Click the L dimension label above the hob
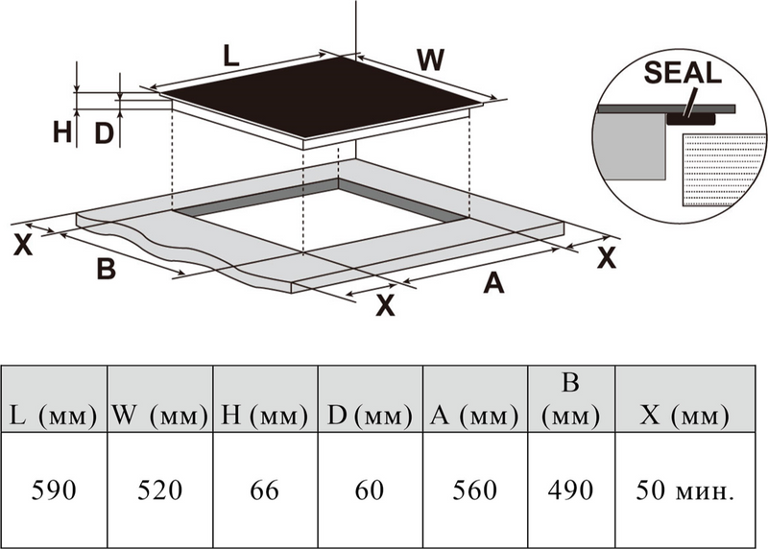230,55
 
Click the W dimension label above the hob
431,60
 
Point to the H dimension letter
62,132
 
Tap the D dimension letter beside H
105,132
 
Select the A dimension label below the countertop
493,283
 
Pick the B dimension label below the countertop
107,269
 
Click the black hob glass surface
326,96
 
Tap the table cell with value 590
54,490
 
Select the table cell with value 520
159,490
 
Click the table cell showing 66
264,490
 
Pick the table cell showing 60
370,490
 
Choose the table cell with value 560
476,490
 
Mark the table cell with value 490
571,490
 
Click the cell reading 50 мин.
685,490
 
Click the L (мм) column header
54,416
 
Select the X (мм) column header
685,416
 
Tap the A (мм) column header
476,416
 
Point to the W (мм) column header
159,416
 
